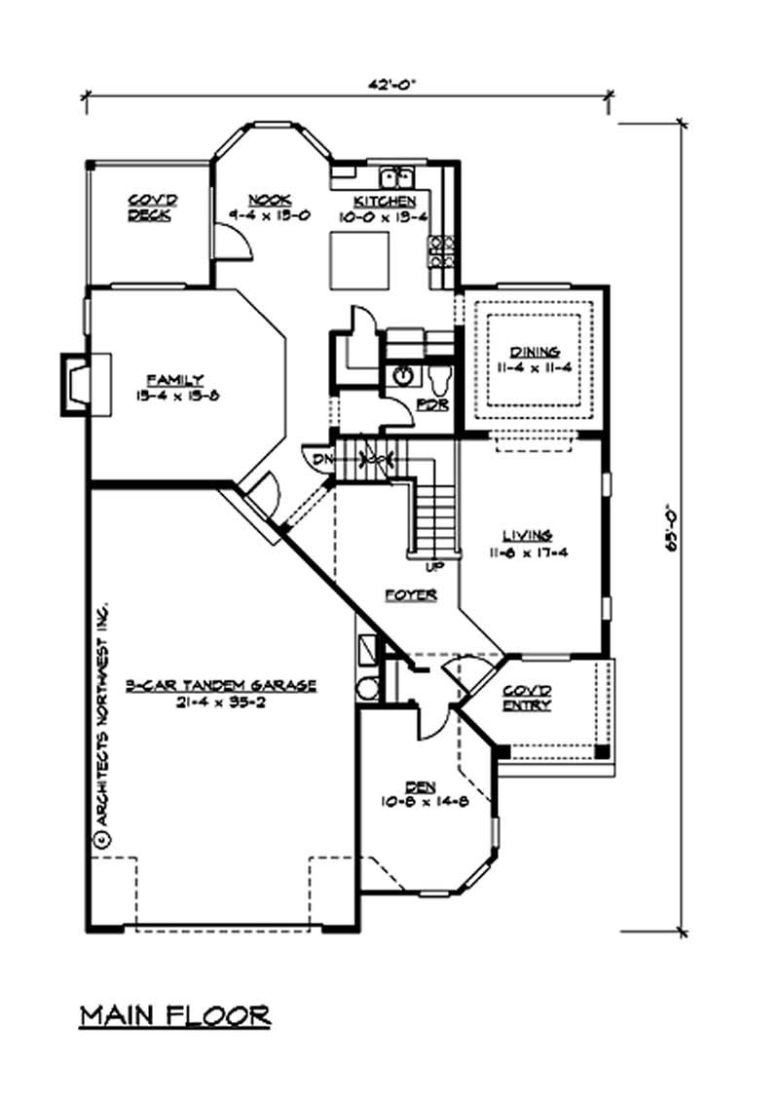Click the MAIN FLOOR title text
[x=175, y=1015]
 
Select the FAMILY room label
[x=175, y=379]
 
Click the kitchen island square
[x=357, y=260]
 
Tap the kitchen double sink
[x=397, y=177]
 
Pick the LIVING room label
[x=528, y=535]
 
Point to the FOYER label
[x=410, y=593]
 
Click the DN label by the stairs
[x=319, y=455]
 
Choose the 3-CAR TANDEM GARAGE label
[x=221, y=685]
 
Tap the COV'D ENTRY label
[x=527, y=698]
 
